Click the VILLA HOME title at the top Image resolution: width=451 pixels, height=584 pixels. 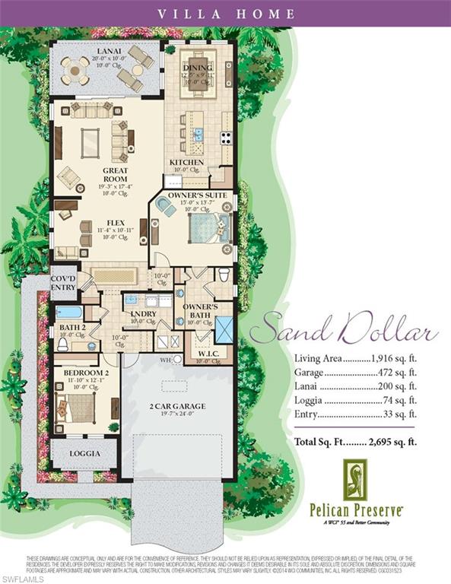225,13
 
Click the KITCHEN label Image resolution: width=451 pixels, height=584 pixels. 186,162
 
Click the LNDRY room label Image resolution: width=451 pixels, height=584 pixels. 143,313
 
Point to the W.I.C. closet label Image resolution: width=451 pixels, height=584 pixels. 201,352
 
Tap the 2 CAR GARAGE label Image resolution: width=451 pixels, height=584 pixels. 179,405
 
